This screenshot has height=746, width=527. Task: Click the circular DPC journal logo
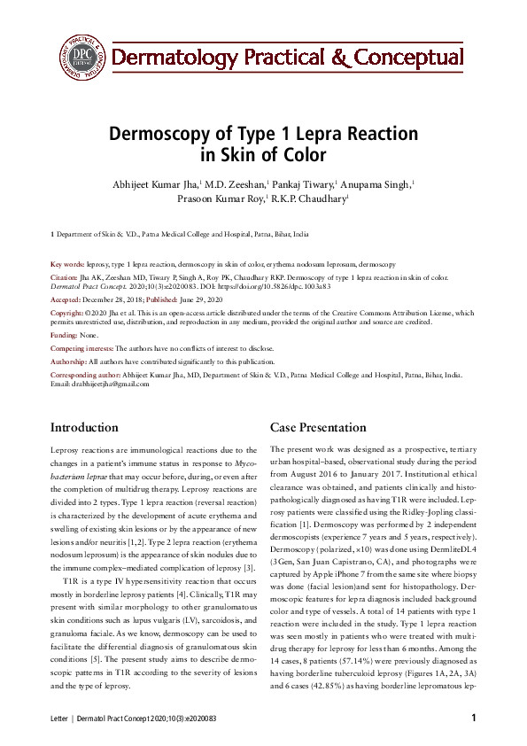tap(81, 56)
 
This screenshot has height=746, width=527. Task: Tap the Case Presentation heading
tap(317, 427)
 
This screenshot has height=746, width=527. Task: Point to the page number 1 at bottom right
tap(474, 716)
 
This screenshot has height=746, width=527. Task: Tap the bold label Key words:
tap(67, 265)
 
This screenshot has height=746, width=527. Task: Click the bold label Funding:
tap(64, 337)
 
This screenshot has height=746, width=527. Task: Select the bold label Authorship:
tap(68, 362)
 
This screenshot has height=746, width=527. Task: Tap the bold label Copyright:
tap(67, 314)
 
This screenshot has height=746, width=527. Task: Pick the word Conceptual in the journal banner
tap(407, 58)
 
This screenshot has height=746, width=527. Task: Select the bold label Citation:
tap(65, 277)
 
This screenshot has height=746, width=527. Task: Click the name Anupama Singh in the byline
tap(375, 183)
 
